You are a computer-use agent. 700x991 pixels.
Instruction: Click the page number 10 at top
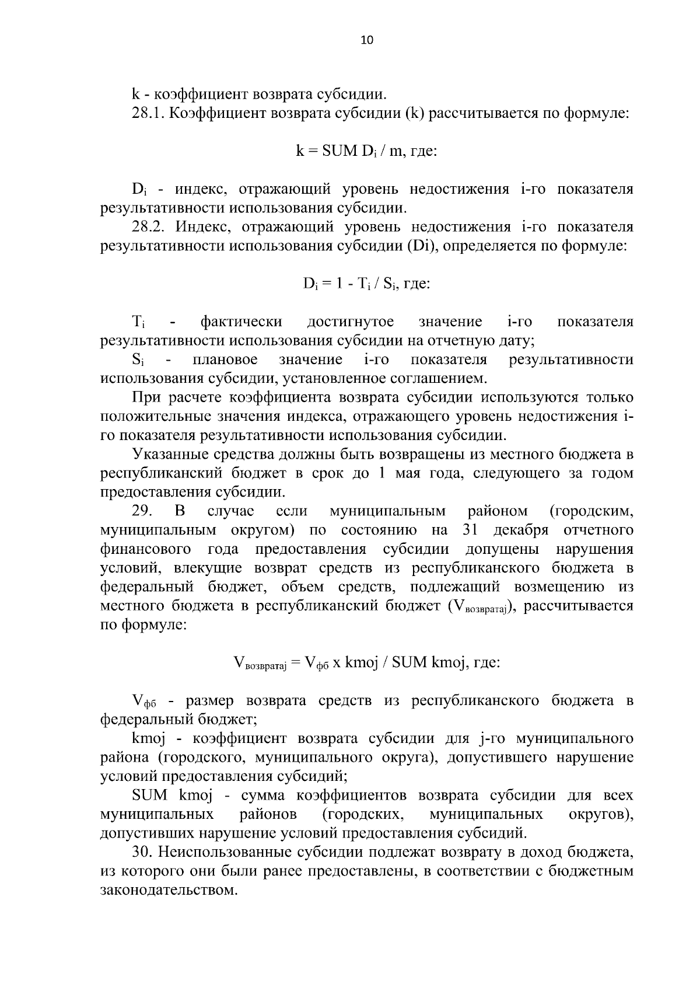pos(367,40)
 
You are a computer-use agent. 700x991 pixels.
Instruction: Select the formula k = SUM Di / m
pos(366,151)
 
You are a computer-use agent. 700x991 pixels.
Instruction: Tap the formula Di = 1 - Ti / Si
pos(366,284)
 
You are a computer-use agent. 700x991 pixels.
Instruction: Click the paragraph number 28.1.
pos(149,113)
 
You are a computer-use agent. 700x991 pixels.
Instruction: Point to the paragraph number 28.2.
pos(149,226)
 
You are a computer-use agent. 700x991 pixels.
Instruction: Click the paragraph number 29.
pos(142,511)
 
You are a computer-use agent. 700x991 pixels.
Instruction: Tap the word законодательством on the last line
pos(169,891)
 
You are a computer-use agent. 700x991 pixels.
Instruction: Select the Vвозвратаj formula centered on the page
pos(366,663)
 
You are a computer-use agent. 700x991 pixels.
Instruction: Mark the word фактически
pos(242,322)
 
